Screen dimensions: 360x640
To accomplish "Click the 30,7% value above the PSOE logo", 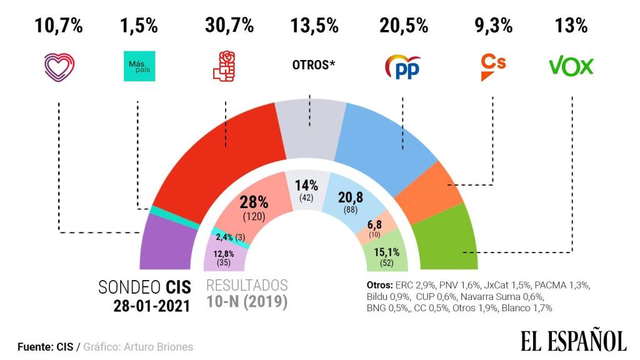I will [229, 26].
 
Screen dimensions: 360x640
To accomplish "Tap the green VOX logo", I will [571, 66].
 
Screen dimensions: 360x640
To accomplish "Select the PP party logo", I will [402, 67].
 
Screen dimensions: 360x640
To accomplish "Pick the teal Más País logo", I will [137, 66].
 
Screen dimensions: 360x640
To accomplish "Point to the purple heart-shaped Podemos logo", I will [58, 66].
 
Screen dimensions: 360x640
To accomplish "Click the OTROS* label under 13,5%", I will [314, 64].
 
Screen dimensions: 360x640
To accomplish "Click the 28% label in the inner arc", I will [254, 202].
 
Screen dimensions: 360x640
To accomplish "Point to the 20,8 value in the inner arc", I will [351, 198].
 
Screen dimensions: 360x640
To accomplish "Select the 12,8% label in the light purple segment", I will [223, 254].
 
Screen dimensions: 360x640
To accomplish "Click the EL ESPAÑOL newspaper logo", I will [573, 341].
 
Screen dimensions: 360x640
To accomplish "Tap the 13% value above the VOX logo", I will [571, 26].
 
